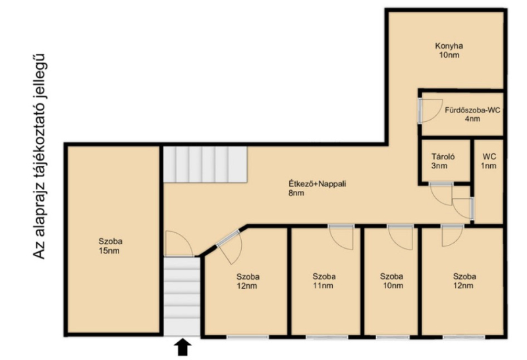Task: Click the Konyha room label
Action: (x=449, y=51)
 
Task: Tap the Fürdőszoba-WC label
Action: (x=472, y=114)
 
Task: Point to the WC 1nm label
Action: (x=489, y=161)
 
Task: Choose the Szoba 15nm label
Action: (x=110, y=246)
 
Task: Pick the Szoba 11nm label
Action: (x=324, y=281)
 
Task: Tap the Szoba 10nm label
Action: (x=392, y=281)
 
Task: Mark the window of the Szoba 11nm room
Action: (x=327, y=337)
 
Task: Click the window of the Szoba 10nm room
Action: (x=393, y=337)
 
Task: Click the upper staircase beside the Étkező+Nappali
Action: (x=206, y=165)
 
